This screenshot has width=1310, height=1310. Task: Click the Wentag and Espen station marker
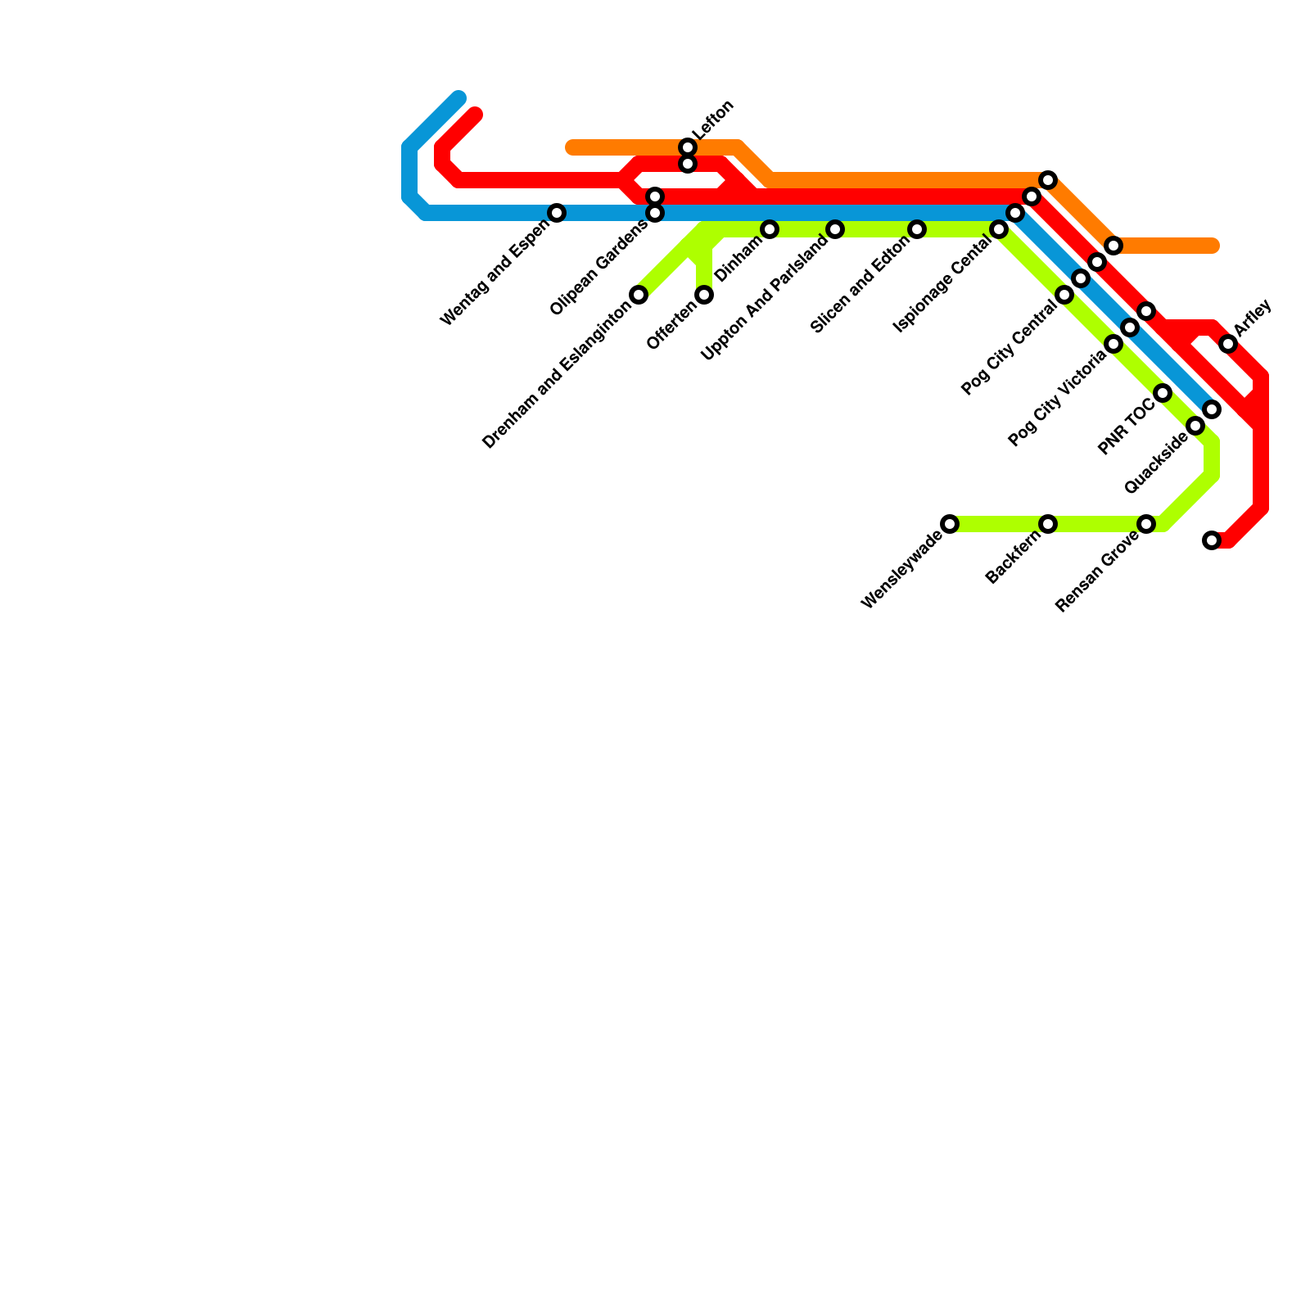point(557,213)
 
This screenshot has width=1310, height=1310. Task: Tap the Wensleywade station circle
point(950,524)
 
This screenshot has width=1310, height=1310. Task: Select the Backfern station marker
point(1048,524)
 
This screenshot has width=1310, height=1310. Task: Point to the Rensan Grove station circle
point(1146,524)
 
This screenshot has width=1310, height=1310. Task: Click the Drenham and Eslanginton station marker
point(639,295)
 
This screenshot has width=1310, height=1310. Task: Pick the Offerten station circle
point(704,295)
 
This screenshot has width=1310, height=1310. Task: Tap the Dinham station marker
point(770,229)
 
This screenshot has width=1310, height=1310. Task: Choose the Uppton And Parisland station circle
point(835,229)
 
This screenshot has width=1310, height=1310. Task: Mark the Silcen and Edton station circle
point(917,229)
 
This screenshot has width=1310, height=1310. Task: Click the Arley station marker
point(1228,344)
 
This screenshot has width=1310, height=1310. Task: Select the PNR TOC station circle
point(1163,394)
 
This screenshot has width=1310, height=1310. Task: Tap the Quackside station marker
point(1195,426)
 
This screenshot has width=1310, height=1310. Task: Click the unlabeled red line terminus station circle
point(1212,540)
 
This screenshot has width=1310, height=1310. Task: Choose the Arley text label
point(1253,318)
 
